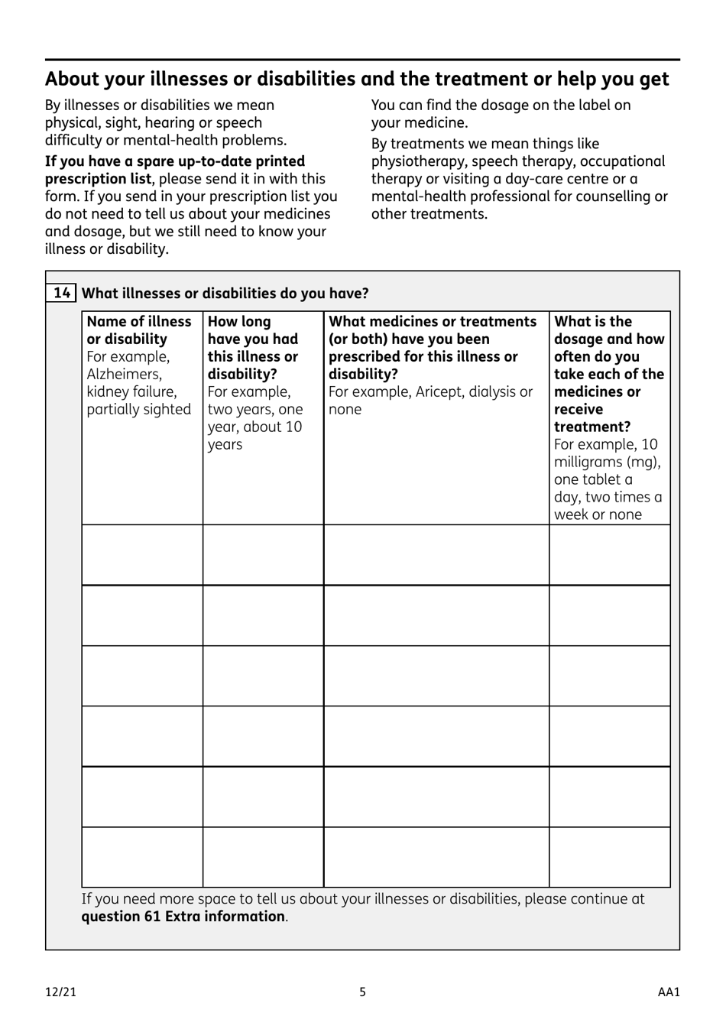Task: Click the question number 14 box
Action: click(61, 293)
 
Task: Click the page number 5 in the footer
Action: click(363, 992)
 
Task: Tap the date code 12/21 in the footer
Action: click(60, 992)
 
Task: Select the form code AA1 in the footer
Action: click(669, 992)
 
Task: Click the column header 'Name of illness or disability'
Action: click(138, 330)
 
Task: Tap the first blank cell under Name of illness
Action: click(142, 555)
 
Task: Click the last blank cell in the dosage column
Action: click(609, 857)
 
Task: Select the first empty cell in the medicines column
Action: click(436, 555)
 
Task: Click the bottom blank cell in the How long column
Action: click(263, 857)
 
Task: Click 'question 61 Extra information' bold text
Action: click(183, 916)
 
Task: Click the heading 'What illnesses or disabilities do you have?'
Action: click(225, 294)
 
